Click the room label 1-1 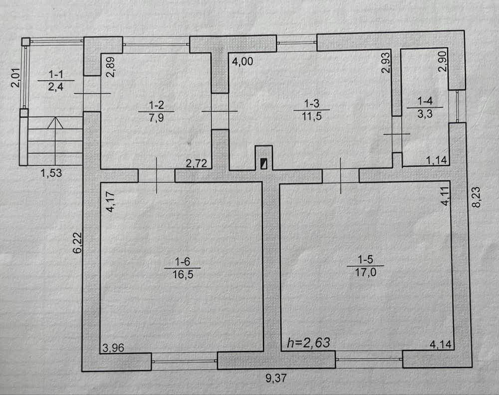pos(56,75)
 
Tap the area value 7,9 pos(156,118)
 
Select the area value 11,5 pos(312,116)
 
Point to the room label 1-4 pos(425,102)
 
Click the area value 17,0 pos(365,272)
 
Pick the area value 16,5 pos(183,274)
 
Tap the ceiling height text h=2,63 pos(308,343)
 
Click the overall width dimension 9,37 pos(276,378)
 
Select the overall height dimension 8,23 pos(476,197)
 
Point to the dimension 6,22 pos(77,243)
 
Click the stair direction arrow pos(55,123)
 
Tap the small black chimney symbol pos(264,164)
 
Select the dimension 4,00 pos(243,61)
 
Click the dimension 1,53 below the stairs pos(51,173)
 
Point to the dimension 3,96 pos(113,348)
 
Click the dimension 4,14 pos(441,345)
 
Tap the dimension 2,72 pos(196,164)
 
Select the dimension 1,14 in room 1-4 pos(437,160)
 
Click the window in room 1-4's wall pos(457,106)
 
